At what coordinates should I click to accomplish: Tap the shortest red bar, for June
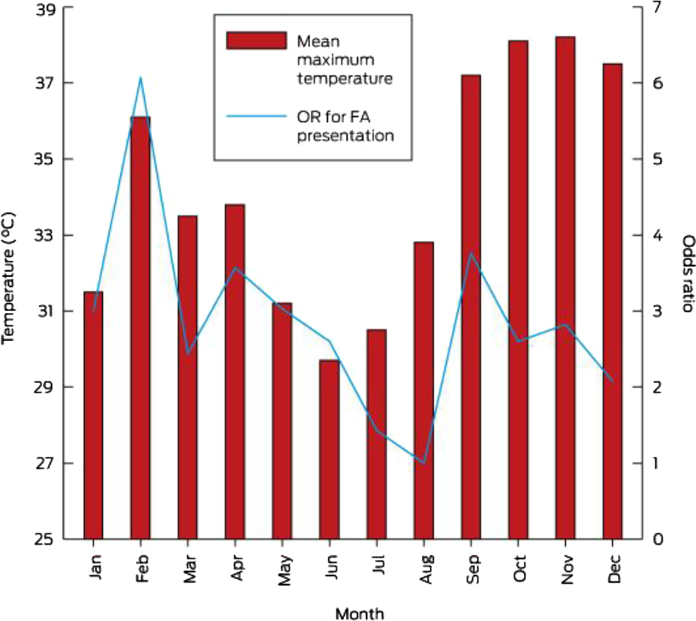329,449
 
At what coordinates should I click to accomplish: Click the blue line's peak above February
140,78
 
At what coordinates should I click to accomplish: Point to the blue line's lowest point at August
423,463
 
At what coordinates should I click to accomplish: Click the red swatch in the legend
256,40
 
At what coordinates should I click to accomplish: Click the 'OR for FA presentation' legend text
345,125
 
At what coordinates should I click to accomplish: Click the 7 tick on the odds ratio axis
658,7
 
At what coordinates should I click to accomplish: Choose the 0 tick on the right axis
658,539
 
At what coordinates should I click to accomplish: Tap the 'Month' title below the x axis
359,612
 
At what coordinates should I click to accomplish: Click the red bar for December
612,301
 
